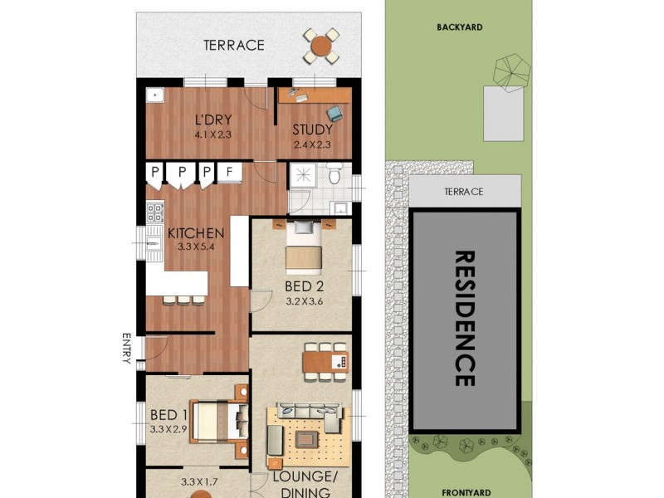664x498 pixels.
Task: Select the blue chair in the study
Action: [334, 112]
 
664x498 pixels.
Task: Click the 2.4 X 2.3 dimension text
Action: [313, 144]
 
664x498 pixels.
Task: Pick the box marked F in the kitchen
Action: [229, 172]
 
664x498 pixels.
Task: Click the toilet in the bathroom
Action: [334, 174]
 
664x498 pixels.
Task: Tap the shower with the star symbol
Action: [300, 173]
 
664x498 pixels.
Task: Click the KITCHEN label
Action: [196, 233]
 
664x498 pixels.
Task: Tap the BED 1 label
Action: [168, 415]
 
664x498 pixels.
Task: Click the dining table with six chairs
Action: [325, 361]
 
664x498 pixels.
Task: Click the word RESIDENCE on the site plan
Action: [465, 319]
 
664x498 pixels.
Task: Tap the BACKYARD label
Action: [460, 27]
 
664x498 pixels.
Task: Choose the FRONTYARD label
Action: [461, 491]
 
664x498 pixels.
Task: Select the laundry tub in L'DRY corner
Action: [154, 94]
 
